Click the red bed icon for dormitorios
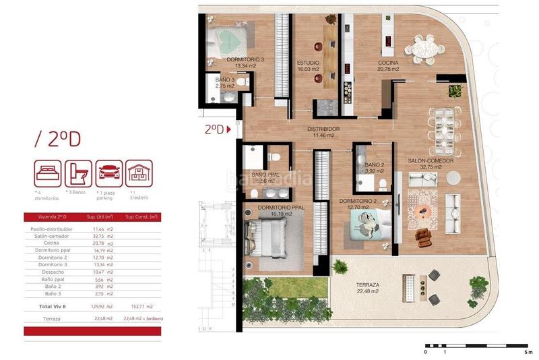[48, 173]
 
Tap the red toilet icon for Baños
[78, 173]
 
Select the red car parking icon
[109, 173]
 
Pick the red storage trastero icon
[140, 173]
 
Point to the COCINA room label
[387, 63]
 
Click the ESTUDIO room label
[308, 63]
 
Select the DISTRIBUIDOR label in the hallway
[323, 129]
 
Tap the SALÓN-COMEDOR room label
[431, 161]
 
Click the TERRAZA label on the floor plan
[369, 285]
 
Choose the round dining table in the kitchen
[426, 49]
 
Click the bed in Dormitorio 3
[230, 37]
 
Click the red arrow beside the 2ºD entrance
[229, 129]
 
